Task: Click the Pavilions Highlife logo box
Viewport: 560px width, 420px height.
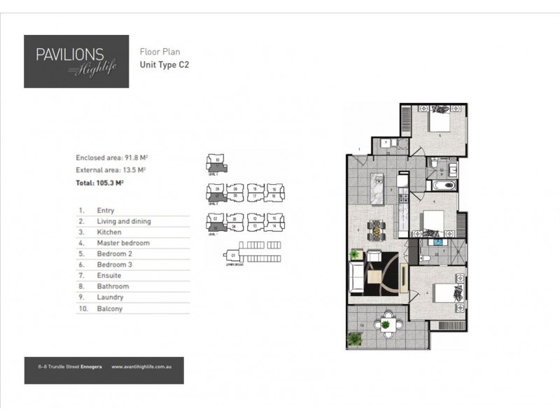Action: [x=76, y=62]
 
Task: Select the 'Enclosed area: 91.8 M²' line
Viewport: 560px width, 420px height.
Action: [x=116, y=158]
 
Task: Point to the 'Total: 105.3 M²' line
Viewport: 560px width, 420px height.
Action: [x=99, y=183]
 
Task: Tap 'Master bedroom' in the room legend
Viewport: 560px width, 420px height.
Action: [x=123, y=243]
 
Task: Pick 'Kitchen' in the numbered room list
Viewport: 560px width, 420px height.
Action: [x=109, y=232]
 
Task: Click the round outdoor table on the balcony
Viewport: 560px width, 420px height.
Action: [x=385, y=324]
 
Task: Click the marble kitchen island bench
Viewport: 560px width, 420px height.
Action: [x=376, y=191]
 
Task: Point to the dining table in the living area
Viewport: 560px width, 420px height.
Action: [x=377, y=229]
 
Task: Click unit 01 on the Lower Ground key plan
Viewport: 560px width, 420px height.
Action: [x=232, y=256]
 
